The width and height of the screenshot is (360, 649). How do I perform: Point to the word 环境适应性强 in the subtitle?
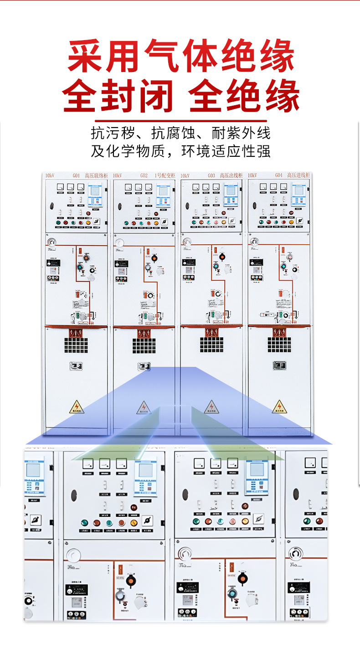[x=226, y=151]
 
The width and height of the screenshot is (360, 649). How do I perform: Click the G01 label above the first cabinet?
[x=76, y=175]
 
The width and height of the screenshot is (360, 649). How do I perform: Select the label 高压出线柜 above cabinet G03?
[x=231, y=175]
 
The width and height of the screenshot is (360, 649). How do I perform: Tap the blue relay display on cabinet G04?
[x=298, y=195]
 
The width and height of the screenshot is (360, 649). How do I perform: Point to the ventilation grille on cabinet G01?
[x=76, y=345]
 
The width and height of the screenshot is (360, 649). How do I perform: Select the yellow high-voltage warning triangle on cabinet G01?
[x=76, y=406]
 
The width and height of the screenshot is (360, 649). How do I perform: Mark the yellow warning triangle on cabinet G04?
[x=279, y=406]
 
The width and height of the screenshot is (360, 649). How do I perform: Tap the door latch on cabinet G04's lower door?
[x=279, y=366]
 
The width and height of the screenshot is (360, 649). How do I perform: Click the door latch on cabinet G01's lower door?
[x=76, y=366]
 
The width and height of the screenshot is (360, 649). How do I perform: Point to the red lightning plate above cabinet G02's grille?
[x=144, y=333]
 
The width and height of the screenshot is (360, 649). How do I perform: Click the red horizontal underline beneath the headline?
[x=182, y=120]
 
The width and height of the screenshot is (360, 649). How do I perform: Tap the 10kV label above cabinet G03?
[x=185, y=175]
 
